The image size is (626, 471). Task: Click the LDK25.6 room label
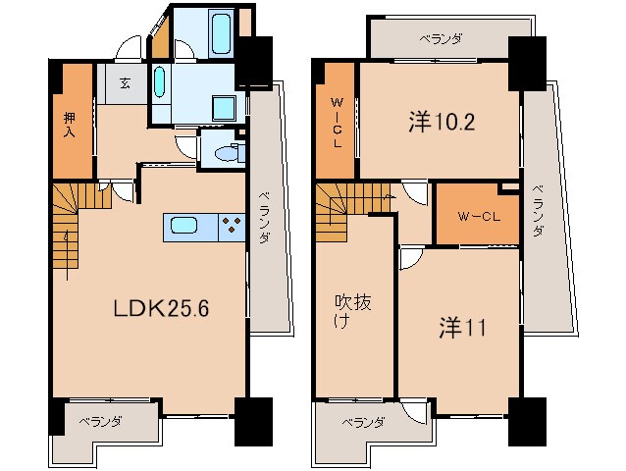[x=161, y=306]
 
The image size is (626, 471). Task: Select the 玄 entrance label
[x=128, y=83]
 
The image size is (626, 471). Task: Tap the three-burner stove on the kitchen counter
[x=232, y=227]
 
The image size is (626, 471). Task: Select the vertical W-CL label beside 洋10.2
[x=336, y=121]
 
